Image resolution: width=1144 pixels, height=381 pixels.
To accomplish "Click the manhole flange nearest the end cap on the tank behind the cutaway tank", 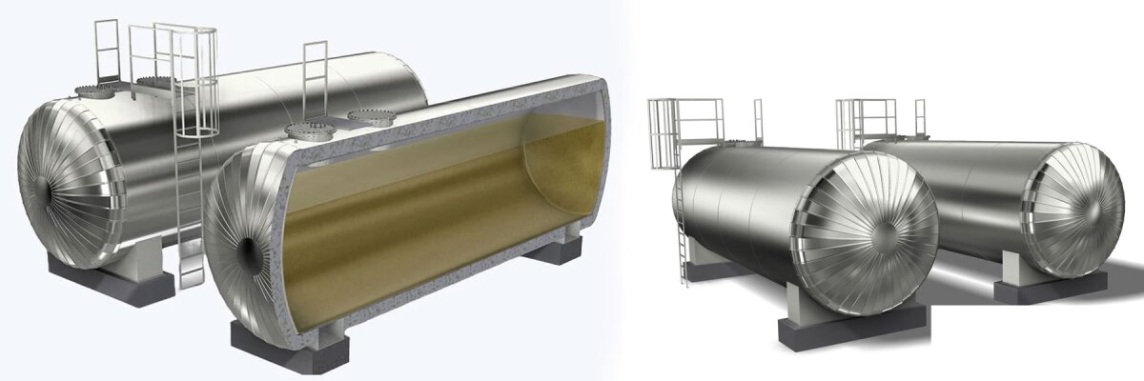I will coord(93,92).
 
